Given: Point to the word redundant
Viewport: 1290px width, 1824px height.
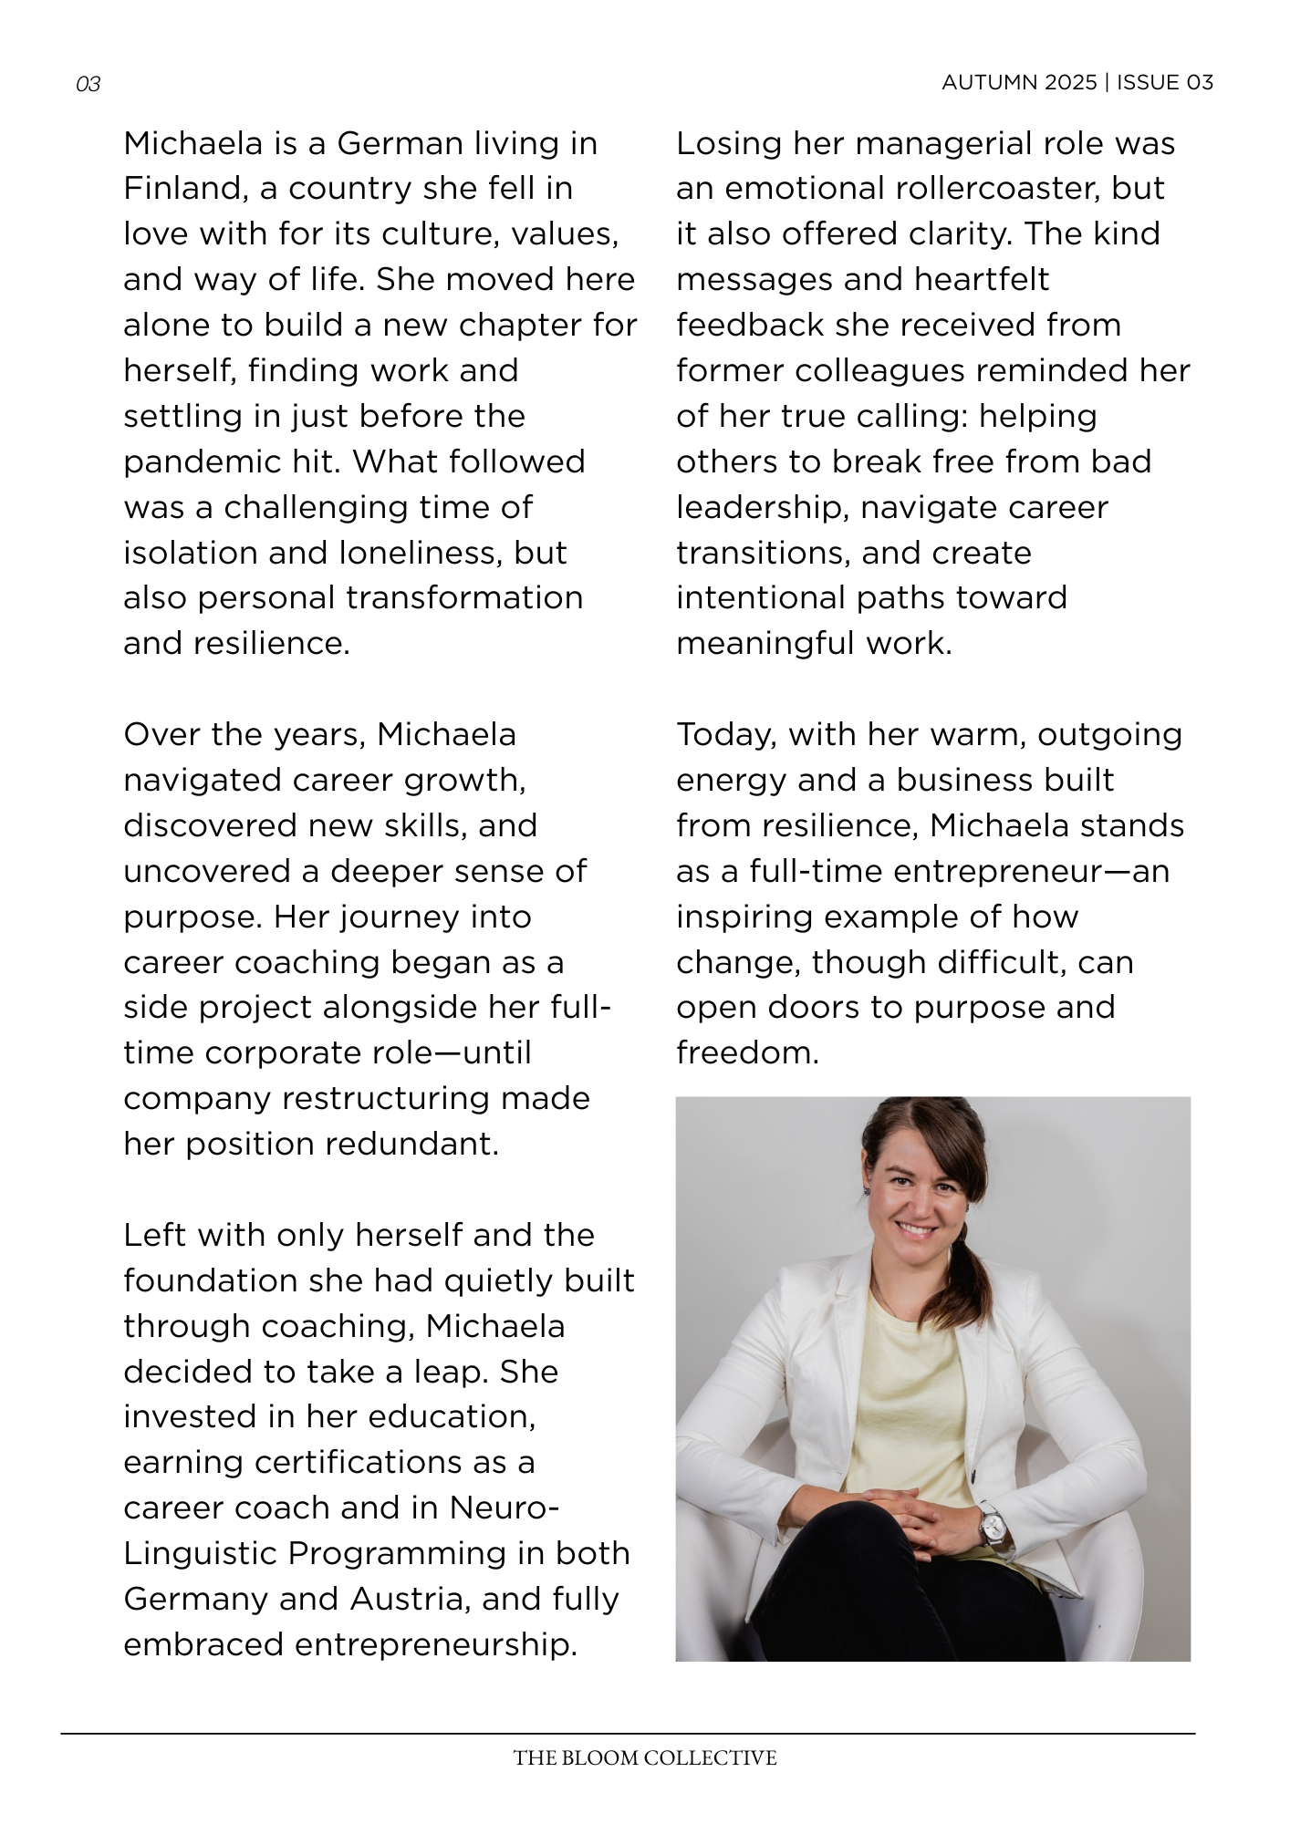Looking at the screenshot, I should (x=421, y=1145).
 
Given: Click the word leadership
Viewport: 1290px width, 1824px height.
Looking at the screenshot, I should (x=761, y=508).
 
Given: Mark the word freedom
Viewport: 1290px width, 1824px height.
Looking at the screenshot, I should (x=746, y=1053).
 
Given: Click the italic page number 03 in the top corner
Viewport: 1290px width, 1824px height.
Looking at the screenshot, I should (x=88, y=85).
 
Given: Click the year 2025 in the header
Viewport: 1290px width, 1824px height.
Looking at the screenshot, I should (x=1071, y=83).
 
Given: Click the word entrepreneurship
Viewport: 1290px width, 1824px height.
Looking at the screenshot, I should (x=350, y=1645).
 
